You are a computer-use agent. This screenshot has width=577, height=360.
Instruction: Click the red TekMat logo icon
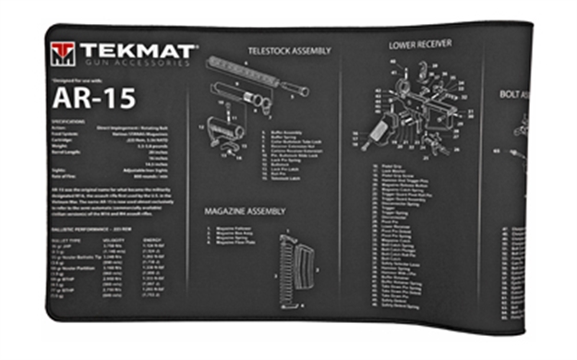(x=63, y=53)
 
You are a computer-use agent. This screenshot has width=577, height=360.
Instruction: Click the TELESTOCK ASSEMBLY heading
(x=288, y=51)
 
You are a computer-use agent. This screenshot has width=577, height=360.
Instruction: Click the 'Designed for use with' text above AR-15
(x=74, y=79)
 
